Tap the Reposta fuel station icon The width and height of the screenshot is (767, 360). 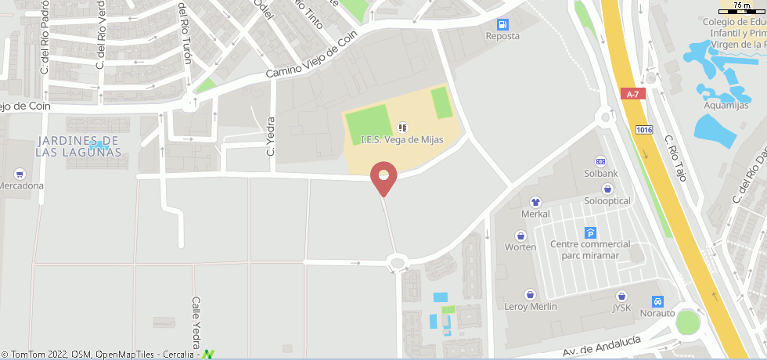pos(502,24)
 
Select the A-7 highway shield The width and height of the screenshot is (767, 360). pos(633,93)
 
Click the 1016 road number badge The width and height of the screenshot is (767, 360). pos(644,130)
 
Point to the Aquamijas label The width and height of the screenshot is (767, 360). pos(727,106)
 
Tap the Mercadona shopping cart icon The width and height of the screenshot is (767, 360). pos(20,174)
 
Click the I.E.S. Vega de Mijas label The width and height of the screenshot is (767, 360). pos(402,139)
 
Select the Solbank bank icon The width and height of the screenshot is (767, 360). pos(601,160)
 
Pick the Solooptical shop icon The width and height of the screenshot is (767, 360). pos(608,189)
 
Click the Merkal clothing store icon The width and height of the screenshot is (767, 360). pos(535,202)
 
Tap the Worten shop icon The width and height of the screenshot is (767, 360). pos(520,235)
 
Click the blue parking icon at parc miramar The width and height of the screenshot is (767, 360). pos(590,232)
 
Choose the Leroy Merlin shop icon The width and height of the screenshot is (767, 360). pos(531,294)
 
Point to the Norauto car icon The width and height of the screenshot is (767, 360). pos(658,301)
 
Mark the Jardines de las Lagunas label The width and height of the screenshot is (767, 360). pos(77,146)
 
